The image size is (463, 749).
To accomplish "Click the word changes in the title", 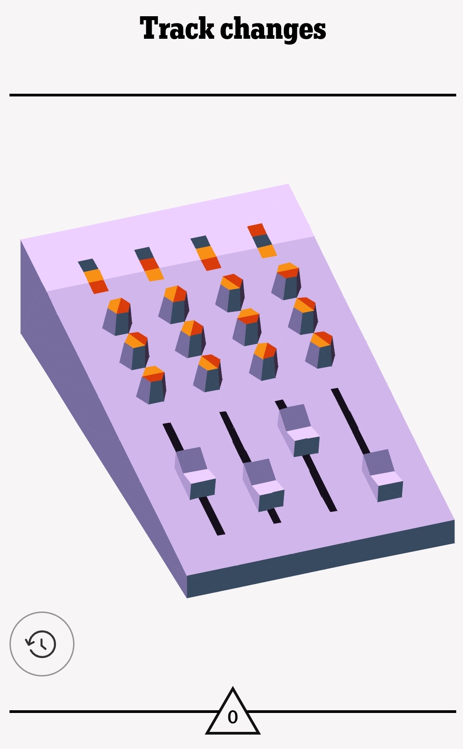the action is pos(273,29).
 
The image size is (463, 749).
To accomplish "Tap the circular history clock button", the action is pos(42,644).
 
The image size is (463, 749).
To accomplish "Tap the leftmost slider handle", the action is pos(195,474).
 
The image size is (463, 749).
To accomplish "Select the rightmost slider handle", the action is pos(383,475).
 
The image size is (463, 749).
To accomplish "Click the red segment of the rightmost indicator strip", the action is pos(257,230).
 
